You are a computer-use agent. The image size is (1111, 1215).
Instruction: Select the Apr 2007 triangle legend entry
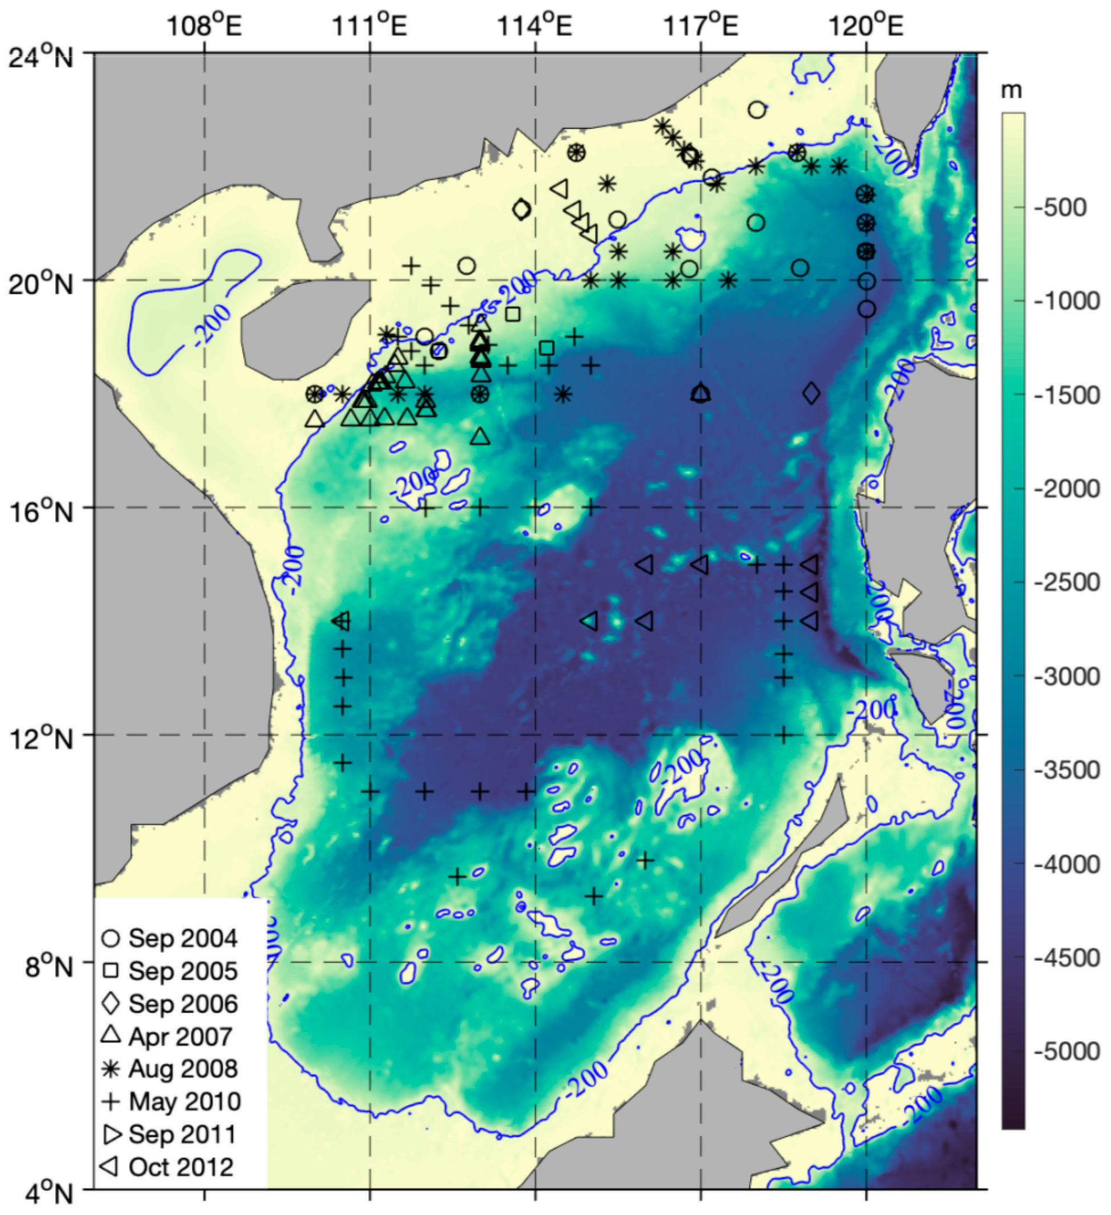click(x=170, y=1037)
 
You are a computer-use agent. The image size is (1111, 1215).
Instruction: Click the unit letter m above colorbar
click(x=1011, y=91)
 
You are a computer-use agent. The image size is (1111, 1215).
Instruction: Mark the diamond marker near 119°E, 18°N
click(x=811, y=394)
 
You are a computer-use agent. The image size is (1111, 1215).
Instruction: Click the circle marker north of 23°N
click(x=757, y=110)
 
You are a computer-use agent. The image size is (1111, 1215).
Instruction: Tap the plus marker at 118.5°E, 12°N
click(x=783, y=735)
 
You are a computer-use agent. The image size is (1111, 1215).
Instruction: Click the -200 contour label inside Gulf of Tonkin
click(x=212, y=324)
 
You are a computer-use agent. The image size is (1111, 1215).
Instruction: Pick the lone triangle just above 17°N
click(x=480, y=436)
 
